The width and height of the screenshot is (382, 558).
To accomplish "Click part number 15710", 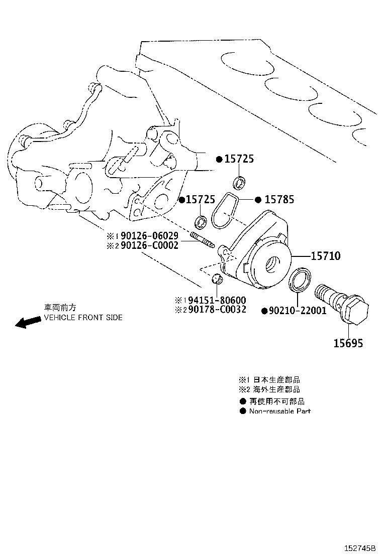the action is pyautogui.click(x=326, y=256).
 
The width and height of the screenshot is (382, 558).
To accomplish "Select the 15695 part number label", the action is pyautogui.click(x=348, y=343).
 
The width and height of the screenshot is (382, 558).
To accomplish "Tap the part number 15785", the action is pyautogui.click(x=279, y=200).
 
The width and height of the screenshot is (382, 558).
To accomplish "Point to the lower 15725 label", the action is pyautogui.click(x=201, y=200).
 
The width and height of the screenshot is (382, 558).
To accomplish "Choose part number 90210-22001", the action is pyautogui.click(x=298, y=311).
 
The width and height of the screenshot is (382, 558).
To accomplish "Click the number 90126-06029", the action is pyautogui.click(x=149, y=235).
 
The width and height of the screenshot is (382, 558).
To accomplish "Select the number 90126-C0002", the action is pyautogui.click(x=149, y=245).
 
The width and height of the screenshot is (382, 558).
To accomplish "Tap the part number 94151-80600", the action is pyautogui.click(x=217, y=300).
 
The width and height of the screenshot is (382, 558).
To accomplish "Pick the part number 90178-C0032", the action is pyautogui.click(x=217, y=310).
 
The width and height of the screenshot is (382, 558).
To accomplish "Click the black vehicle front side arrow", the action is pyautogui.click(x=28, y=322).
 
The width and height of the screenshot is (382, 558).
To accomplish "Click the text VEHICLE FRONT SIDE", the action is pyautogui.click(x=83, y=318).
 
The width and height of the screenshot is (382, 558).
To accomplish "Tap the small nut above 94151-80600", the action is pyautogui.click(x=217, y=279).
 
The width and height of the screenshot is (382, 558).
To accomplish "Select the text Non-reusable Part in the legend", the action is pyautogui.click(x=280, y=411).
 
